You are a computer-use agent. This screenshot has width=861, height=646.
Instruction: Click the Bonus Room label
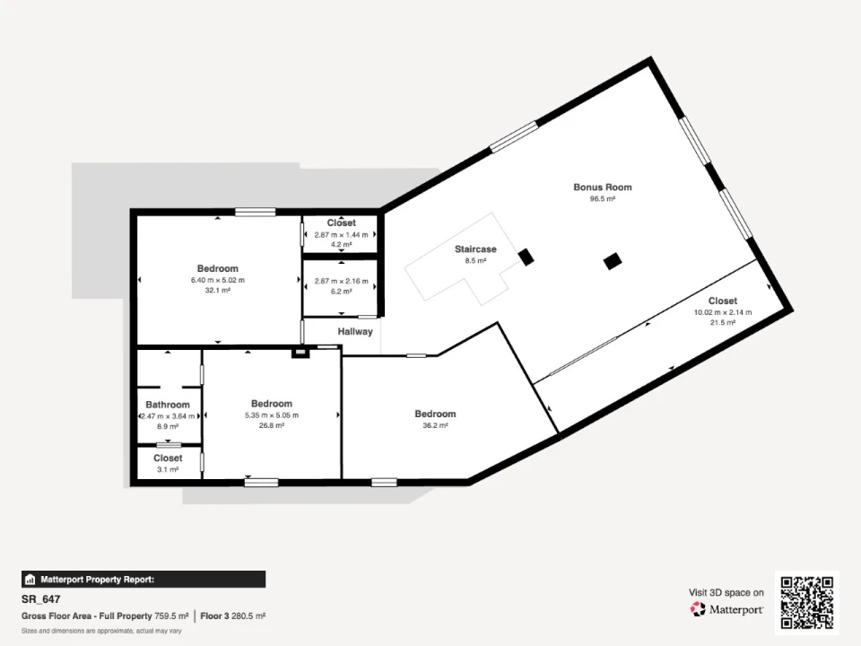[603, 187]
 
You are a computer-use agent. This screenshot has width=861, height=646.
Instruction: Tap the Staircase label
[475, 249]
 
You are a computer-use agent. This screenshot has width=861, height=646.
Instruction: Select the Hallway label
[355, 331]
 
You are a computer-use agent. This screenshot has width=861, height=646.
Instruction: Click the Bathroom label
[168, 405]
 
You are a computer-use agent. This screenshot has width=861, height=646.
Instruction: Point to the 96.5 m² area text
[603, 199]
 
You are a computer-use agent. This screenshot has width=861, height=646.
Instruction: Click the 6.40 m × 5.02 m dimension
[217, 280]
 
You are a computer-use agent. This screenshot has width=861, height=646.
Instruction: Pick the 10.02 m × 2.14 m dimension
[723, 312]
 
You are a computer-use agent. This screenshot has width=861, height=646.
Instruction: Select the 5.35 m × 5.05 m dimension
[272, 415]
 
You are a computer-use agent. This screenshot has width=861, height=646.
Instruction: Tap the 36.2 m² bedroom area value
[435, 425]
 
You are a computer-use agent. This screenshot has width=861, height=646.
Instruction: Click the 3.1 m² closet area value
[168, 469]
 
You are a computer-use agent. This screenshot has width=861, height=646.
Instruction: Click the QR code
[807, 602]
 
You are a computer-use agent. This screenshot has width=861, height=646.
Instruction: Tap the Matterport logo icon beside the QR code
[698, 609]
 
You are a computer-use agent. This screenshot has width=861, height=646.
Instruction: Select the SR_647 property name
[40, 599]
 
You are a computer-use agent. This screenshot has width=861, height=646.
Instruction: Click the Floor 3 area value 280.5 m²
[248, 616]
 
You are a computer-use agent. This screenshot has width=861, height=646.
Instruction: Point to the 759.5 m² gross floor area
[171, 616]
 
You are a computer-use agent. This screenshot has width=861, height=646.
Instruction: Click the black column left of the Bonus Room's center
[613, 261]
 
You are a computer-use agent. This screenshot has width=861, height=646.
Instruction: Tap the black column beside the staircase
[526, 258]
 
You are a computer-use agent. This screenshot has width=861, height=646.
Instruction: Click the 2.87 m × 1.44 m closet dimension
[341, 234]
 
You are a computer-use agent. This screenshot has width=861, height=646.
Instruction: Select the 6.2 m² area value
[341, 292]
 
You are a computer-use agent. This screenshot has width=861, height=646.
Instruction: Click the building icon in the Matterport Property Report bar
[30, 580]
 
